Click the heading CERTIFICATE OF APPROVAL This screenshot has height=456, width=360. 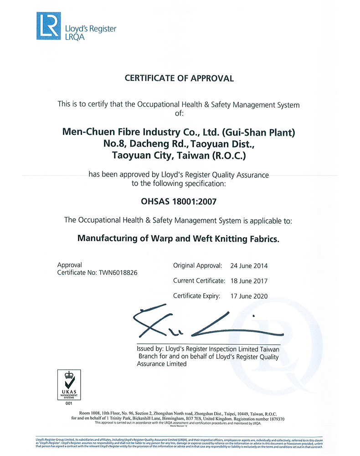pyautogui.click(x=179, y=78)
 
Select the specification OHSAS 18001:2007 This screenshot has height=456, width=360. pyautogui.click(x=180, y=201)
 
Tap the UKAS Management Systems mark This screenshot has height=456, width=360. pyautogui.click(x=69, y=385)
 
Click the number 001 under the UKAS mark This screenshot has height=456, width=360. pyautogui.click(x=69, y=404)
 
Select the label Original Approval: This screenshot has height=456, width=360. pyautogui.click(x=198, y=265)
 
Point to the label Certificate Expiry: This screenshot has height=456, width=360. pyautogui.click(x=197, y=296)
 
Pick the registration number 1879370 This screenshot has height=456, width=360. pyautogui.click(x=272, y=419)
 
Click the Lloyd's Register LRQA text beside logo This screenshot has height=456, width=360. pyautogui.click(x=90, y=32)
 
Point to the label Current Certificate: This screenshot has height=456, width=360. pyautogui.click(x=199, y=280)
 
